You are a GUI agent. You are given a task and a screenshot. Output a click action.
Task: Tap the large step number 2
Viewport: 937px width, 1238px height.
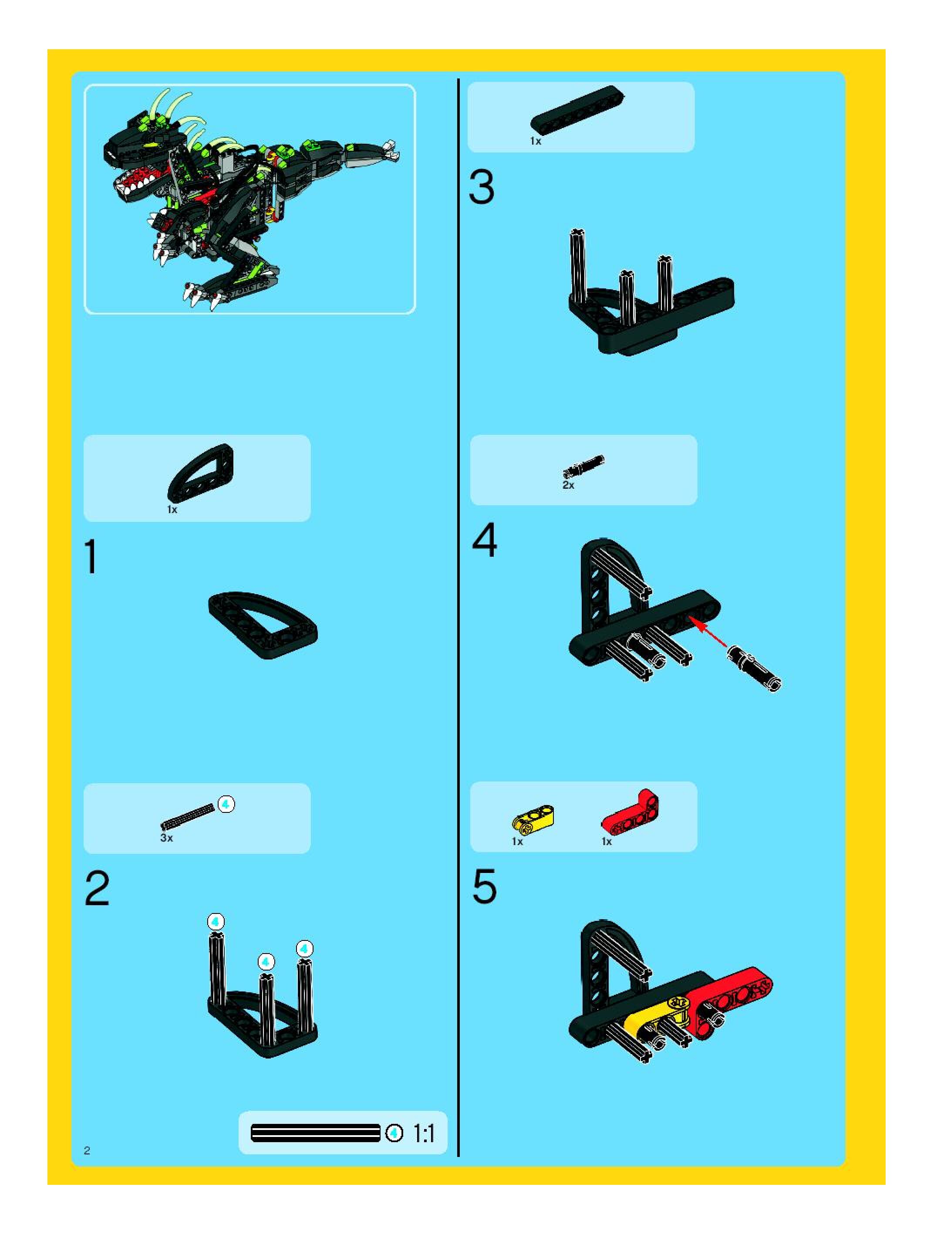click(98, 889)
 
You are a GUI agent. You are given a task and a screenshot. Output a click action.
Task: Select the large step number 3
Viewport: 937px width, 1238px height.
click(482, 187)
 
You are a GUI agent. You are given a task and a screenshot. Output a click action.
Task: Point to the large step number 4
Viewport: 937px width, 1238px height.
click(485, 540)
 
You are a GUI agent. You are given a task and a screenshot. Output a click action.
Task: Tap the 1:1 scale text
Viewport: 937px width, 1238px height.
click(424, 1134)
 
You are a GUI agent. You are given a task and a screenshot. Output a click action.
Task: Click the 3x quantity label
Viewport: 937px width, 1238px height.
click(167, 838)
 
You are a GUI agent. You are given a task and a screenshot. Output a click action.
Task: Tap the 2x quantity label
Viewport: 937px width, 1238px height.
click(568, 485)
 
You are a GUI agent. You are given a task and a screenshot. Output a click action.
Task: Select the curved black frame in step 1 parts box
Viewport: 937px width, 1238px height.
click(200, 474)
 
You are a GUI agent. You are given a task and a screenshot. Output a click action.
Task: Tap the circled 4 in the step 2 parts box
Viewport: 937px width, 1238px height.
click(226, 804)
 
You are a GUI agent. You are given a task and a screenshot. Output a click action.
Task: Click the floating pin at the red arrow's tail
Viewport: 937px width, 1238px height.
click(754, 668)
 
